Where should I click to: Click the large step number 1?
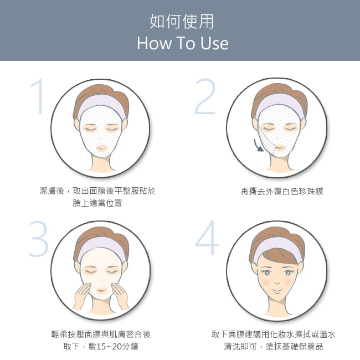coord(38,96)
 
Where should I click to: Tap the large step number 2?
coord(205,96)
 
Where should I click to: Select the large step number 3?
coord(39,239)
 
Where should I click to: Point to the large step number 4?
coord(207,238)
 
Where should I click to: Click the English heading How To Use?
coord(183,43)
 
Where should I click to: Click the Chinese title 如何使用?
coord(182,22)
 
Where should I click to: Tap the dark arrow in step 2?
coord(258,146)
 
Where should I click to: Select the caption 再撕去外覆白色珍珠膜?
coord(282,191)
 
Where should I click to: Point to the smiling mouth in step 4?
coord(277,291)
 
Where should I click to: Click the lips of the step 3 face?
coord(101,291)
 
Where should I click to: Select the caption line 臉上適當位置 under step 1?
coord(97,203)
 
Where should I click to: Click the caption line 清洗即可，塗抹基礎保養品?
coord(274,346)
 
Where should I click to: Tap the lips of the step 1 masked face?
coord(101,148)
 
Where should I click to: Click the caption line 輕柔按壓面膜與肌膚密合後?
coord(101,335)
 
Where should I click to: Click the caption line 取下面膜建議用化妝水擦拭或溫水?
coord(274,335)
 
